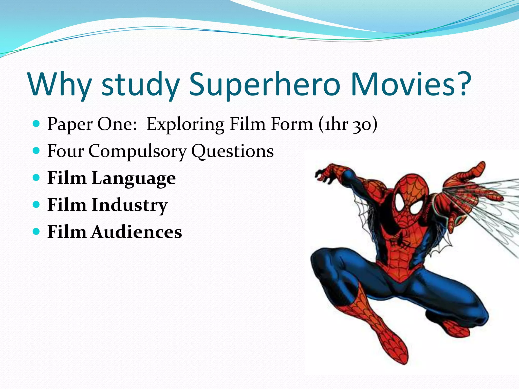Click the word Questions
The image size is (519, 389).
232,151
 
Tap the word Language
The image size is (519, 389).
134,179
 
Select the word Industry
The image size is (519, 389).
129,205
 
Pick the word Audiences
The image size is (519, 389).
137,232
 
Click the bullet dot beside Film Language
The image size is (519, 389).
36,178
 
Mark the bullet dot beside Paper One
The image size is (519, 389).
36,124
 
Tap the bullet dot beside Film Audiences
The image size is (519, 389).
36,231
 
